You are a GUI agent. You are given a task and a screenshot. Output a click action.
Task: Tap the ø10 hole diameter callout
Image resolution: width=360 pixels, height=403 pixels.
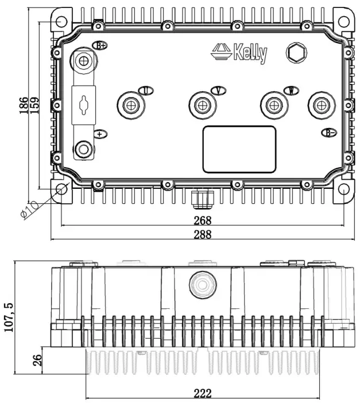pyautogui.click(x=29, y=210)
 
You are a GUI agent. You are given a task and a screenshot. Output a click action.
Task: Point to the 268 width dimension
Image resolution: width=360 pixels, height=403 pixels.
pyautogui.click(x=202, y=220)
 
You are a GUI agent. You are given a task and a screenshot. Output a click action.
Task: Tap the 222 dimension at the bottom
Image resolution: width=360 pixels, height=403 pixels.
pyautogui.click(x=202, y=393)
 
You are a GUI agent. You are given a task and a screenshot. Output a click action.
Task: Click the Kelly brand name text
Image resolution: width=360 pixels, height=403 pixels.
pyautogui.click(x=250, y=53)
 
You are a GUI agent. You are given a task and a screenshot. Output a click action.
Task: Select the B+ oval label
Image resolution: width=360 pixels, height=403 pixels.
pyautogui.click(x=102, y=45)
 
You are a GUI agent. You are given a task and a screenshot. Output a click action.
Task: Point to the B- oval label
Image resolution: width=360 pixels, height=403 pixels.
pyautogui.click(x=328, y=133)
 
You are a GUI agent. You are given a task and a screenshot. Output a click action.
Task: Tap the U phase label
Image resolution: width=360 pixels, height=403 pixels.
pyautogui.click(x=146, y=91)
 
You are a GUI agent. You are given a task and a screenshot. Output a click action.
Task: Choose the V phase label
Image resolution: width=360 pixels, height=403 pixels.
pyautogui.click(x=218, y=90)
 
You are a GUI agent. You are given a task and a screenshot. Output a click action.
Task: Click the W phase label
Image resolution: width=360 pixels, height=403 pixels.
pyautogui.click(x=292, y=90)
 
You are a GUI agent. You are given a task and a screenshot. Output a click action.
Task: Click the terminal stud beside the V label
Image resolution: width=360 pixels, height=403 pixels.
pyautogui.click(x=202, y=106)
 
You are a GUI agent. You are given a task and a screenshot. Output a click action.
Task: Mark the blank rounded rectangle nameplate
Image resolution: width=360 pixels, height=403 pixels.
pyautogui.click(x=239, y=149)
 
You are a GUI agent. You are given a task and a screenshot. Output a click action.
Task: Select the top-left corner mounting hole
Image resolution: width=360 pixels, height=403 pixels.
pyautogui.click(x=61, y=21)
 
